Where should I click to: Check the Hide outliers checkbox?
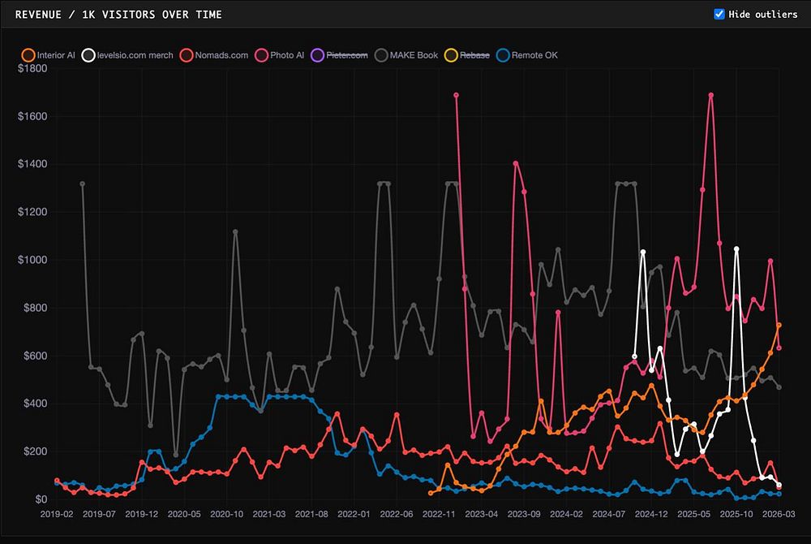pyautogui.click(x=719, y=15)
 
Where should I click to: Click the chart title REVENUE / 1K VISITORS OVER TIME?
pyautogui.click(x=118, y=15)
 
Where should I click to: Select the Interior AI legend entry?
pyautogui.click(x=49, y=55)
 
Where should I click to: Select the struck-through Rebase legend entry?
pyautogui.click(x=469, y=55)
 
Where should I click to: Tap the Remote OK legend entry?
pyautogui.click(x=528, y=55)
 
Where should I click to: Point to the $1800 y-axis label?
pyautogui.click(x=32, y=69)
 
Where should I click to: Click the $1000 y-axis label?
pyautogui.click(x=32, y=261)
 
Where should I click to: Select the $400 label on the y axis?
pyautogui.click(x=36, y=404)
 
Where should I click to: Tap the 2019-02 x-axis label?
pyautogui.click(x=57, y=514)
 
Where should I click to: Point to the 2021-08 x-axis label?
pyautogui.click(x=311, y=514)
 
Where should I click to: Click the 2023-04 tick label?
pyautogui.click(x=482, y=514)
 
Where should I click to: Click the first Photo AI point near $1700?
pyautogui.click(x=457, y=95)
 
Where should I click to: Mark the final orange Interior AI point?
pyautogui.click(x=779, y=325)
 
